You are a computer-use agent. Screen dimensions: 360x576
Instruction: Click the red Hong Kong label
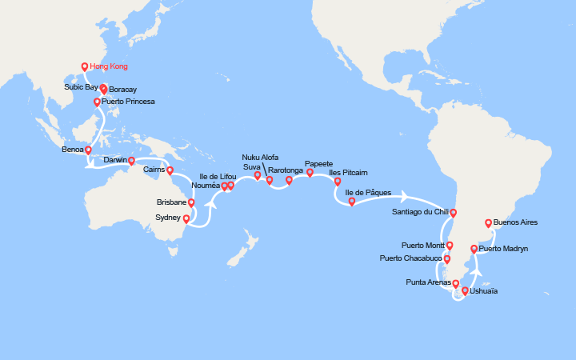click(x=109, y=66)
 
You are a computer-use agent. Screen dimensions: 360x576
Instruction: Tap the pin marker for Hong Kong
click(x=85, y=68)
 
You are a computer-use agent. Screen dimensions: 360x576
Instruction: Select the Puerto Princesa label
click(x=129, y=102)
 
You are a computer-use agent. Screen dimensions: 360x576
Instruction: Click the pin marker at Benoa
click(x=88, y=151)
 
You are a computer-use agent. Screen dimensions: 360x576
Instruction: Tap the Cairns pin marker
click(x=170, y=170)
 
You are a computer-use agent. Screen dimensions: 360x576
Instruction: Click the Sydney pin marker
click(x=186, y=219)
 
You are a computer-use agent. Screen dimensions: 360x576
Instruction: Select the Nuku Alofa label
click(x=261, y=158)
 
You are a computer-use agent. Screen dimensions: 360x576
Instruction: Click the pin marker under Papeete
click(x=310, y=174)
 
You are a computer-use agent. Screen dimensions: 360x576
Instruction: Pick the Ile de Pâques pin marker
click(x=352, y=202)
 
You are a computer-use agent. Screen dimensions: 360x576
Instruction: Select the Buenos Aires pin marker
click(x=489, y=225)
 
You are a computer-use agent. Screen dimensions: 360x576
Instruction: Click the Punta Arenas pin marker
click(x=456, y=285)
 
